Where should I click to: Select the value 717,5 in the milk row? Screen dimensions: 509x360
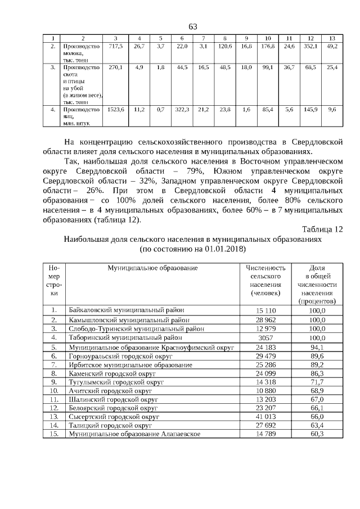[x=115, y=46]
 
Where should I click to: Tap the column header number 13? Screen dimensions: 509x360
[x=332, y=38]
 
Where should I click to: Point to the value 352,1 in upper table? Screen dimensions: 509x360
[x=311, y=46]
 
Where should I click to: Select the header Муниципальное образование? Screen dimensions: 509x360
[x=153, y=268]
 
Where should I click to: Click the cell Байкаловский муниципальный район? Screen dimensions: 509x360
[x=127, y=310]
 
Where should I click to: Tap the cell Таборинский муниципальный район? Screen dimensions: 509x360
[x=125, y=338]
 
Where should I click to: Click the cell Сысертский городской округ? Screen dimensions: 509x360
[x=114, y=417]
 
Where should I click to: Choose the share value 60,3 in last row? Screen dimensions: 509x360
[x=318, y=434]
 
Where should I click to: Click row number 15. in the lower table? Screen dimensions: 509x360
[x=54, y=434]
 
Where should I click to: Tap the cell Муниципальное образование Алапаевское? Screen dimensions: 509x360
[x=134, y=434]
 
